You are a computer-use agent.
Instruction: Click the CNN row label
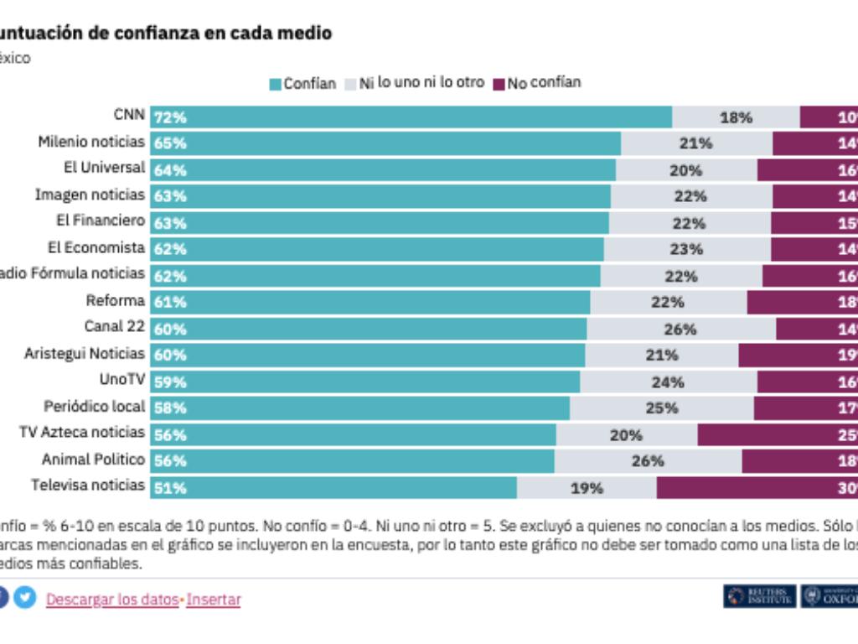(129, 116)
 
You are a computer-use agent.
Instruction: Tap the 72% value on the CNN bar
(170, 117)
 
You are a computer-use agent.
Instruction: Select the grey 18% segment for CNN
(736, 117)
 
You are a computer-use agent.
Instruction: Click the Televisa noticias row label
(88, 486)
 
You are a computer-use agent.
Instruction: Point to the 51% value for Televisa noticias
(170, 487)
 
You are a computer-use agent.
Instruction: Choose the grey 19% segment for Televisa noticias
(587, 487)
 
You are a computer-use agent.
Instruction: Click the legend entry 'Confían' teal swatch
(275, 84)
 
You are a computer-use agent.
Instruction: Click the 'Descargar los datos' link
(112, 600)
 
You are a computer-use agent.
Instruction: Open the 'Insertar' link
(214, 600)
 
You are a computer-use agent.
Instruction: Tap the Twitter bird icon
(25, 599)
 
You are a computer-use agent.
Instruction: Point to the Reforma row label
(116, 300)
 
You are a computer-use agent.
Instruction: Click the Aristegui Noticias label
(85, 354)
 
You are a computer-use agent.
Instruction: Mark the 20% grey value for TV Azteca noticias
(626, 434)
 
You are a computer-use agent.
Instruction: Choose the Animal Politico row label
(93, 460)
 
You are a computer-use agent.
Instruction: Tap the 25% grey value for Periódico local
(661, 408)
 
